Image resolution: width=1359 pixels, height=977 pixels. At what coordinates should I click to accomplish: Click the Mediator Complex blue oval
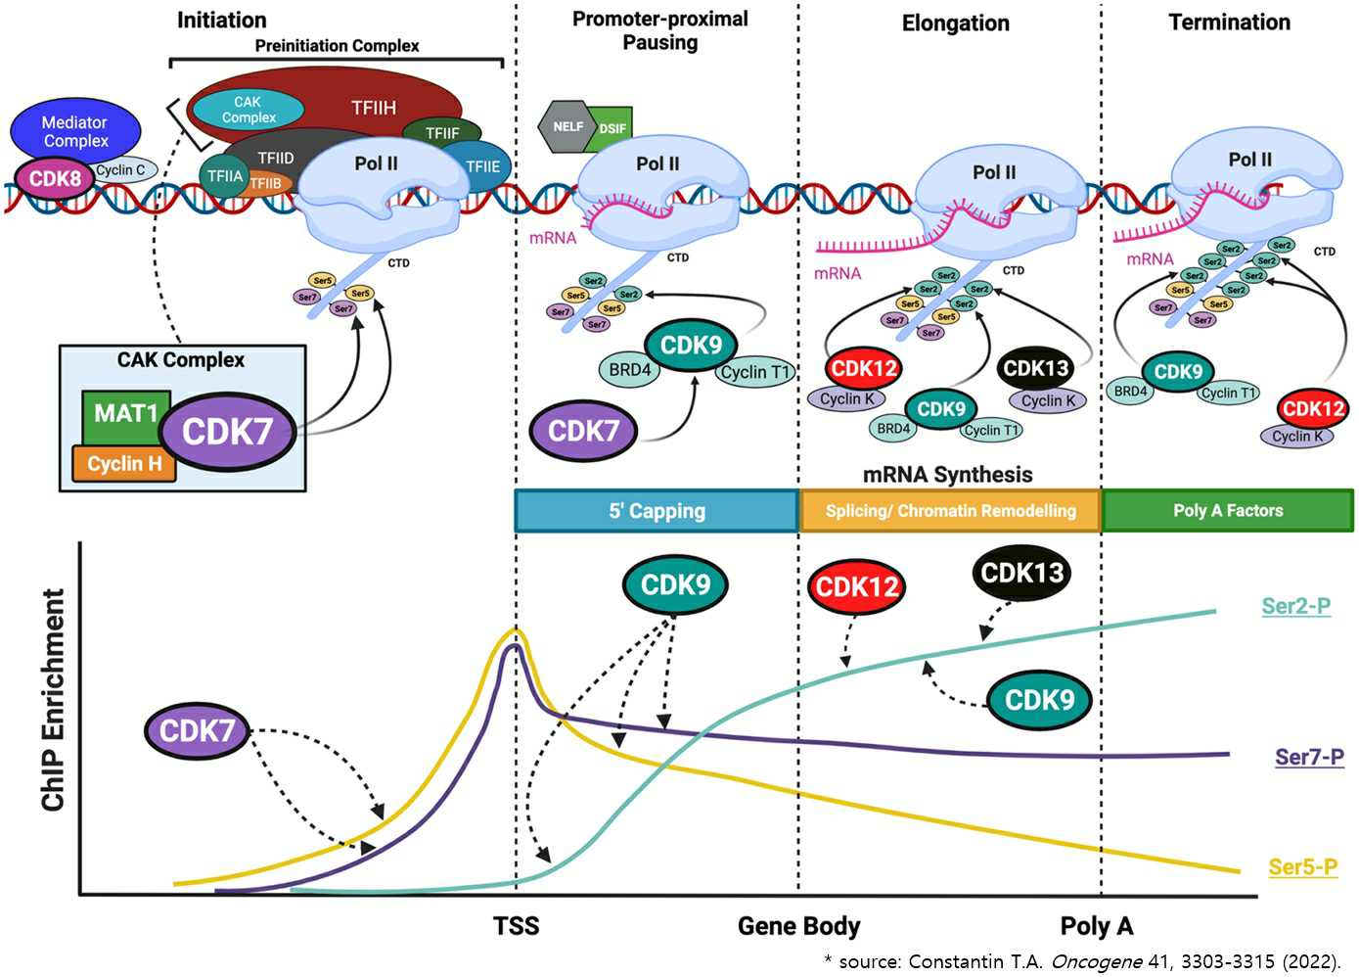[75, 131]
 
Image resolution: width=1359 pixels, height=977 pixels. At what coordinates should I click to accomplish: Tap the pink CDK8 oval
[55, 178]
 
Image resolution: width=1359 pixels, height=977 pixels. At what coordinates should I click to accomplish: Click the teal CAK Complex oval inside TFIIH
[248, 110]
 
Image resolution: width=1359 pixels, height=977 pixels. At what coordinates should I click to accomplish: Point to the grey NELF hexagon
[567, 126]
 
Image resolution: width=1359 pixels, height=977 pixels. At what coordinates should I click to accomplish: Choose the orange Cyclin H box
[124, 464]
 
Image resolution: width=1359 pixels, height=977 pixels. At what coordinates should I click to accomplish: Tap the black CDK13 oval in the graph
[1022, 573]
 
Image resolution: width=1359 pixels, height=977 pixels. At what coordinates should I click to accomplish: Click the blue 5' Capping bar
[657, 511]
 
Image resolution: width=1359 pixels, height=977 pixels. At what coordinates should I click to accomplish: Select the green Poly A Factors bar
[1228, 511]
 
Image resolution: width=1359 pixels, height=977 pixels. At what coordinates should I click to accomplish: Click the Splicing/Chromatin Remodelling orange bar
[950, 511]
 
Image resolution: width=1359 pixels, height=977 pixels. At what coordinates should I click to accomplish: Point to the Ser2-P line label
[1295, 606]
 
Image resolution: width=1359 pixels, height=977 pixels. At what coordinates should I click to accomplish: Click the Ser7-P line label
[1309, 757]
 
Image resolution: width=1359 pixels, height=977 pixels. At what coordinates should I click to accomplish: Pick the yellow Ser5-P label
[1302, 866]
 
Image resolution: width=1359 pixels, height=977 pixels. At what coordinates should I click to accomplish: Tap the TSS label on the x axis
[516, 926]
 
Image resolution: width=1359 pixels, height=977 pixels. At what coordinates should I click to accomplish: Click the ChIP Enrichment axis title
[53, 700]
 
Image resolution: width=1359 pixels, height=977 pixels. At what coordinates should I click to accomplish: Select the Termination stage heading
[1229, 23]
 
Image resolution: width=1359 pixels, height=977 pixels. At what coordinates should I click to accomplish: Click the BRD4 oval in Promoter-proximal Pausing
[629, 370]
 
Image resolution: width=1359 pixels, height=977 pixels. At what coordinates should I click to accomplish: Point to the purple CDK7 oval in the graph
[197, 730]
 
